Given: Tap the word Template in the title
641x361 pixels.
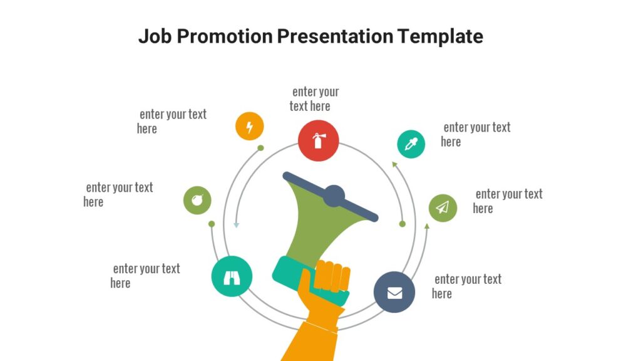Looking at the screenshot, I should (440, 36).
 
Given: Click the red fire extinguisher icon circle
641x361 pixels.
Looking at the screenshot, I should (318, 140).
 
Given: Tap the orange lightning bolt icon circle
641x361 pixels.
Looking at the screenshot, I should (249, 127).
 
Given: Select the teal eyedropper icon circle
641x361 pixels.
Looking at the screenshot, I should (411, 144).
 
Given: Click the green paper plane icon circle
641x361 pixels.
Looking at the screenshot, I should (443, 207).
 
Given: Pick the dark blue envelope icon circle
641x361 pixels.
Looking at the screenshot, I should (394, 292).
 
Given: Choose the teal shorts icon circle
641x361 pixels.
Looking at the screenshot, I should (231, 276).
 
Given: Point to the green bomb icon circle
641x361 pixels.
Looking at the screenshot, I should (197, 201).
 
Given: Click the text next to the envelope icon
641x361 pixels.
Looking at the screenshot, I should (466, 286).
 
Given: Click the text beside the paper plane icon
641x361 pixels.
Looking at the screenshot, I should (507, 201).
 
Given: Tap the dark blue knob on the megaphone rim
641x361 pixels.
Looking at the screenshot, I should (334, 196).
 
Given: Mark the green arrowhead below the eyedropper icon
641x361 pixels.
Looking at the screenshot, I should (394, 164).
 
